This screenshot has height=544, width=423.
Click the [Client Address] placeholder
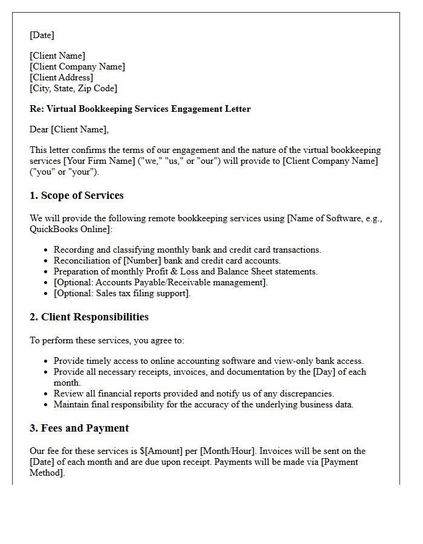coord(61,77)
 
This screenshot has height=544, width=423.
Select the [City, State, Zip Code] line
coord(73,88)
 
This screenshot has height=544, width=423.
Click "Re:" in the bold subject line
coord(37,109)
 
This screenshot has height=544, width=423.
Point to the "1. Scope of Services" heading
coord(76,196)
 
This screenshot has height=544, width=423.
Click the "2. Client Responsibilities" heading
coord(89,317)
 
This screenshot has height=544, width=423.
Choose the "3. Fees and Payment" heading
coord(79,429)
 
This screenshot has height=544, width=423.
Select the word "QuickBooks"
coord(53,229)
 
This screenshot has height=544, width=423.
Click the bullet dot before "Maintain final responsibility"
coord(46,405)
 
